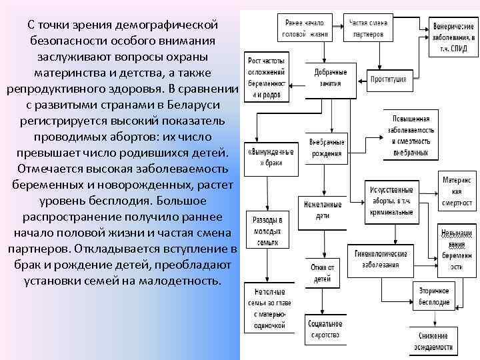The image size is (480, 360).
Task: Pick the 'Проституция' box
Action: [389, 79]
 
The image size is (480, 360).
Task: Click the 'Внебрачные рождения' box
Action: [327, 148]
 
